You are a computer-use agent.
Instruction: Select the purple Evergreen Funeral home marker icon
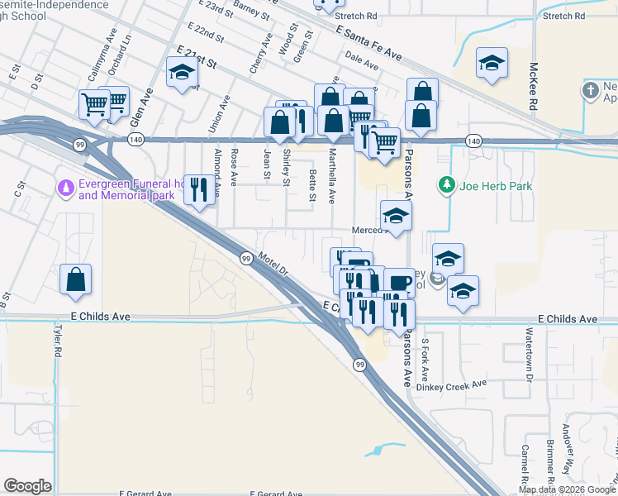[x=64, y=188]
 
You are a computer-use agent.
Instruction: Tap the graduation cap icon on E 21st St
[x=181, y=72]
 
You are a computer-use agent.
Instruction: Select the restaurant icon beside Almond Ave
[x=197, y=190]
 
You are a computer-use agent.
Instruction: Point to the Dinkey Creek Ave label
[x=452, y=385]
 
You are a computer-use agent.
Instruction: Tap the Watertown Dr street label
[x=529, y=353]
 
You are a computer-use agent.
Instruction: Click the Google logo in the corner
[x=28, y=486]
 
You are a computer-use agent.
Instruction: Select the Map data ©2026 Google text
[x=567, y=489]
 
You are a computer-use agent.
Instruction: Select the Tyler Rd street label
[x=58, y=340]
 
